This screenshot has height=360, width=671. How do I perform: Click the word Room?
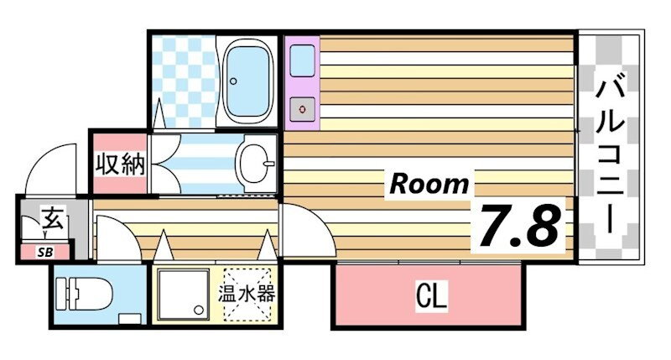[429, 185]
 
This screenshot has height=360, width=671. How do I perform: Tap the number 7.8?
[519, 226]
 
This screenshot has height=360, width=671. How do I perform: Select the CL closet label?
[431, 295]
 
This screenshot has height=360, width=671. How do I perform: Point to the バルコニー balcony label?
[611, 153]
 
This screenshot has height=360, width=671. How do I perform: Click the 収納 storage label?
[120, 164]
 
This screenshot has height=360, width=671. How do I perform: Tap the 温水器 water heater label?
[247, 294]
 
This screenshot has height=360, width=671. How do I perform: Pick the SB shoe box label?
[45, 253]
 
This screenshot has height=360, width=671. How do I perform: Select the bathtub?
[249, 81]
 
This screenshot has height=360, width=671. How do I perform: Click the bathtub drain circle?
[233, 81]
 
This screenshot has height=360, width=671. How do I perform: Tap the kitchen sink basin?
[302, 61]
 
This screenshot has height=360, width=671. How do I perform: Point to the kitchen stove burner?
[303, 110]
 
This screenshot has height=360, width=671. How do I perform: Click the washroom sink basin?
[256, 164]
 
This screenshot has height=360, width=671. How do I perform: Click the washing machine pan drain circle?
[199, 310]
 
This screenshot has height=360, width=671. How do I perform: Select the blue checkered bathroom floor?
[184, 81]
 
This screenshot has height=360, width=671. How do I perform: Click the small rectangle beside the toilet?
[130, 319]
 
